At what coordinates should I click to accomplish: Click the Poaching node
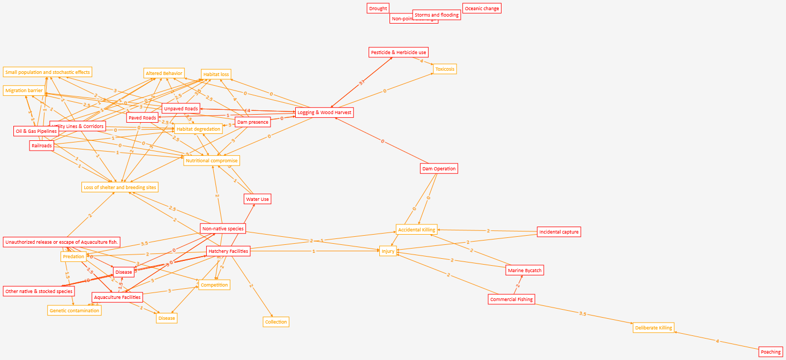(x=770, y=352)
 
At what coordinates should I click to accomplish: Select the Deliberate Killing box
(x=653, y=327)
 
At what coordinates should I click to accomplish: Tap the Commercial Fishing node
(x=511, y=299)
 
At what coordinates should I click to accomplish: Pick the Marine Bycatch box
(x=525, y=271)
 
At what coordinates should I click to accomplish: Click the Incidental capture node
(x=559, y=232)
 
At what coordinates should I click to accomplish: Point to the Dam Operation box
(x=439, y=169)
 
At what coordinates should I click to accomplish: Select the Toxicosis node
(x=445, y=69)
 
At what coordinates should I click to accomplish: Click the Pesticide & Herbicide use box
(x=399, y=52)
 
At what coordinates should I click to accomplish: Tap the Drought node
(x=378, y=9)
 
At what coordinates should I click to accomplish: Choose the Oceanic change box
(x=482, y=9)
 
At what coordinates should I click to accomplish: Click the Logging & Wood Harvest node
(x=324, y=112)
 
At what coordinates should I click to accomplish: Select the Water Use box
(x=257, y=199)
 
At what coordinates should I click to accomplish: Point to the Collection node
(x=276, y=322)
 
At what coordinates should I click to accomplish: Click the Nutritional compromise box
(x=211, y=161)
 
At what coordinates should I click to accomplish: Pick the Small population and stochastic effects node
(x=47, y=72)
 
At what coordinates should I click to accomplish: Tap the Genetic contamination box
(x=74, y=311)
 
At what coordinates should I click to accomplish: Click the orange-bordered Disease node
(x=166, y=318)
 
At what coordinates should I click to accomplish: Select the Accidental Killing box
(x=416, y=230)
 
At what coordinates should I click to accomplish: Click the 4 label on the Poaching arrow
(x=717, y=341)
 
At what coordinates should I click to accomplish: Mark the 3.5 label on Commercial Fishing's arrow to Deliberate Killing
(x=582, y=313)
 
